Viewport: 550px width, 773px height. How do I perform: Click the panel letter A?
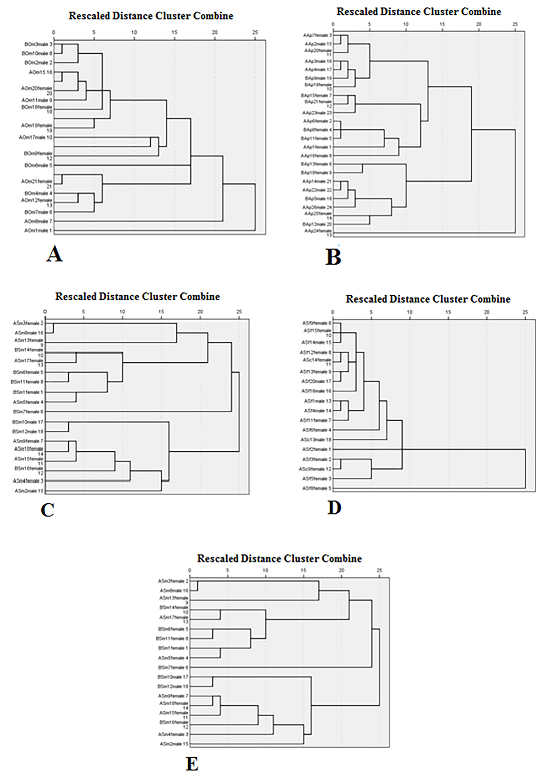[x=54, y=255]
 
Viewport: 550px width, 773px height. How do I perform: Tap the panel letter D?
[x=334, y=507]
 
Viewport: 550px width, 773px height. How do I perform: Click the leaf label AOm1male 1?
[x=38, y=231]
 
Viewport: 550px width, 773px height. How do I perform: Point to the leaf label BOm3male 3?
[x=38, y=44]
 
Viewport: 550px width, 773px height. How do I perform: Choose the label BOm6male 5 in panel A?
[x=38, y=165]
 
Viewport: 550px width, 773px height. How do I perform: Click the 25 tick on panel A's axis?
[x=255, y=32]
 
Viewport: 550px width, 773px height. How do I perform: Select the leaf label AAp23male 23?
[x=317, y=113]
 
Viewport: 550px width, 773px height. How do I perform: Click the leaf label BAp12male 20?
[x=317, y=224]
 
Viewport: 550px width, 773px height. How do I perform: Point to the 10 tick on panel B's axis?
[x=406, y=24]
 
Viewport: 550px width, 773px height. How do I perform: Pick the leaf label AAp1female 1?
[x=317, y=147]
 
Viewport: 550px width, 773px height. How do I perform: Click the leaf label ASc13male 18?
[x=316, y=440]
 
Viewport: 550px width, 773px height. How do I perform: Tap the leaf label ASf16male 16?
[x=316, y=391]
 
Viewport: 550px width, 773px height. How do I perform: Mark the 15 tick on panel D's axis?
[x=448, y=312]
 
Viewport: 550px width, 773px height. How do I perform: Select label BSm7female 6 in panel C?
[x=28, y=412]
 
